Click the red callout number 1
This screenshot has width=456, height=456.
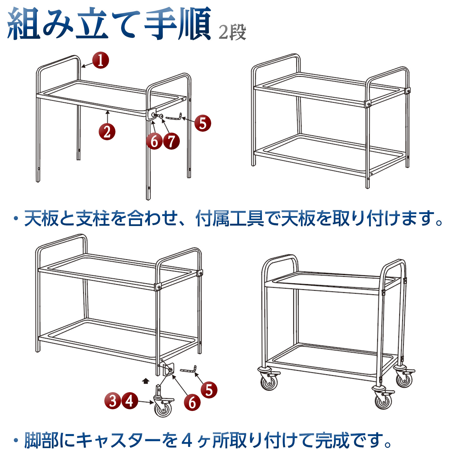click(x=101, y=60)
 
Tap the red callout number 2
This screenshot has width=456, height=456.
click(x=107, y=132)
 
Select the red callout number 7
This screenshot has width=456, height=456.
click(x=171, y=141)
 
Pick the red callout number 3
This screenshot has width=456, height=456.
click(x=113, y=401)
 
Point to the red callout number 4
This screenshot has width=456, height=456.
click(x=130, y=401)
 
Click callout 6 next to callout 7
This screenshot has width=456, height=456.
click(x=154, y=141)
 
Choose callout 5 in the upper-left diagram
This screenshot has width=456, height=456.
click(x=203, y=123)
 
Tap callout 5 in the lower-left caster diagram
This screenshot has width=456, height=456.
click(x=209, y=390)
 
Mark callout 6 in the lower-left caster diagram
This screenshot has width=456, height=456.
click(x=192, y=402)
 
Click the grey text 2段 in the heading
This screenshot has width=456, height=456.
click(x=232, y=32)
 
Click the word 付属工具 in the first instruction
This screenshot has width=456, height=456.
click(x=230, y=219)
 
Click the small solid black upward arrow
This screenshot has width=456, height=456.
click(x=146, y=381)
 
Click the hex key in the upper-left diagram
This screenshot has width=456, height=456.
click(x=173, y=117)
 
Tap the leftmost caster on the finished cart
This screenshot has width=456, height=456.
click(x=268, y=378)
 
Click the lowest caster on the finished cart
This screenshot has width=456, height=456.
click(x=383, y=398)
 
